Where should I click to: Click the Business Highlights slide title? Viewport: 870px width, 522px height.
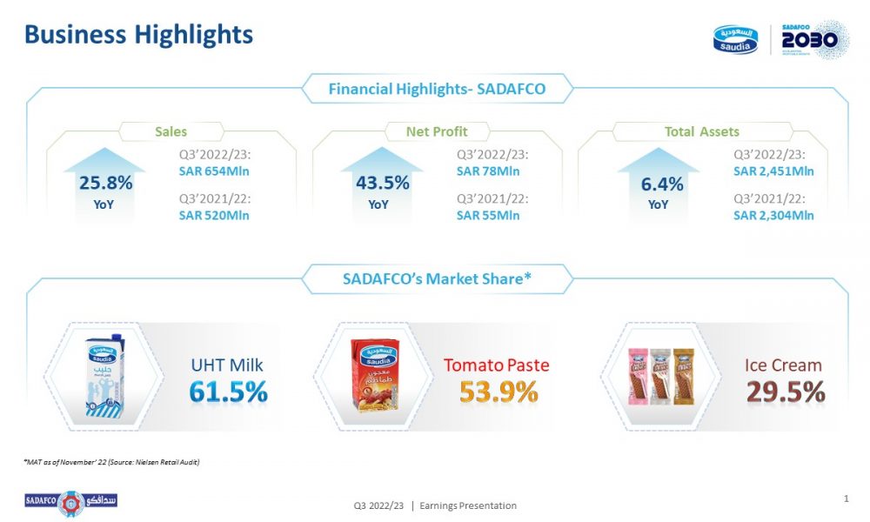click(138, 34)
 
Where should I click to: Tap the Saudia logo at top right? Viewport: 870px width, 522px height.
click(737, 39)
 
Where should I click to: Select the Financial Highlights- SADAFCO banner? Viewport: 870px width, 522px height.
click(438, 89)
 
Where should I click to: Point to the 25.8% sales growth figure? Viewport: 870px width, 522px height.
click(105, 183)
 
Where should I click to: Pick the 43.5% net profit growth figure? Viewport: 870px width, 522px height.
click(382, 183)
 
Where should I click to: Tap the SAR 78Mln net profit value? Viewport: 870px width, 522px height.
click(488, 171)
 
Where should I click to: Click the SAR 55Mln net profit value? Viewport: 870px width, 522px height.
click(488, 215)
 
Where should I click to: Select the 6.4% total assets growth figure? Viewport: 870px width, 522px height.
click(658, 183)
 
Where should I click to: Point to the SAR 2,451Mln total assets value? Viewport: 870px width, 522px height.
click(773, 171)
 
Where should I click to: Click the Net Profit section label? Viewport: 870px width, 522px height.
click(437, 132)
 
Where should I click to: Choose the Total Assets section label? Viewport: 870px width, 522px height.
click(702, 132)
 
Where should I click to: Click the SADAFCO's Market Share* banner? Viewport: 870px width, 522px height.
click(438, 279)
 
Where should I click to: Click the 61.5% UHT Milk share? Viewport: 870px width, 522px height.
click(228, 392)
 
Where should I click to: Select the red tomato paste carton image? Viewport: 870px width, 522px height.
click(374, 375)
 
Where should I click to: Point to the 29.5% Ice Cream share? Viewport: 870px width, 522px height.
click(786, 392)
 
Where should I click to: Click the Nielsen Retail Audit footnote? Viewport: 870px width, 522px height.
click(112, 462)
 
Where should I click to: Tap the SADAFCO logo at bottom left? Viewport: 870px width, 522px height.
click(70, 502)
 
